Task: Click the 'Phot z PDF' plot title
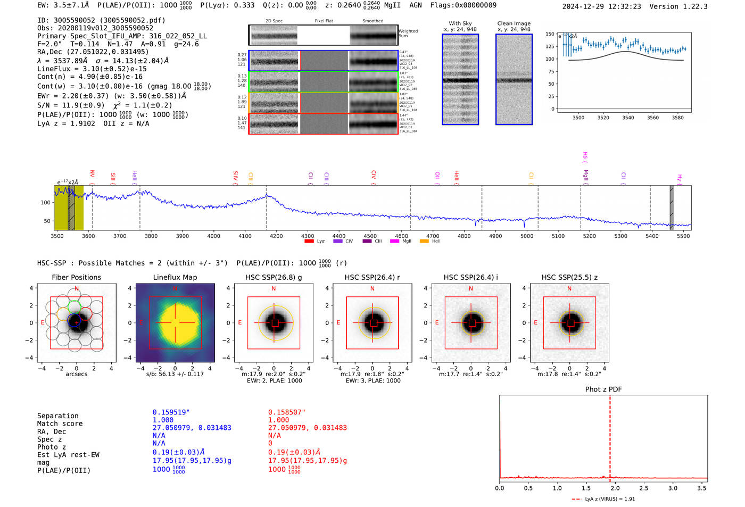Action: click(603, 389)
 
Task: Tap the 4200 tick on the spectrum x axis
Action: click(276, 236)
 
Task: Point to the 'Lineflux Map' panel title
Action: click(175, 277)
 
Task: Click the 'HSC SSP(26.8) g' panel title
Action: click(274, 277)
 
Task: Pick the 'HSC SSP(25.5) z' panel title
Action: click(569, 277)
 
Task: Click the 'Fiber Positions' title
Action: click(76, 277)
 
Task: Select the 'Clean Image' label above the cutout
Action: click(514, 23)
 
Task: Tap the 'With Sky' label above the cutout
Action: click(460, 23)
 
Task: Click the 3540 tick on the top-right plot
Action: click(628, 118)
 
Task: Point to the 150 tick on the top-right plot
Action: click(550, 34)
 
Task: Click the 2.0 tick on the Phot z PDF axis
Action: click(615, 488)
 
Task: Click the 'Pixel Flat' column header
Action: click(324, 21)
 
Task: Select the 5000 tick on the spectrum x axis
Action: click(526, 236)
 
